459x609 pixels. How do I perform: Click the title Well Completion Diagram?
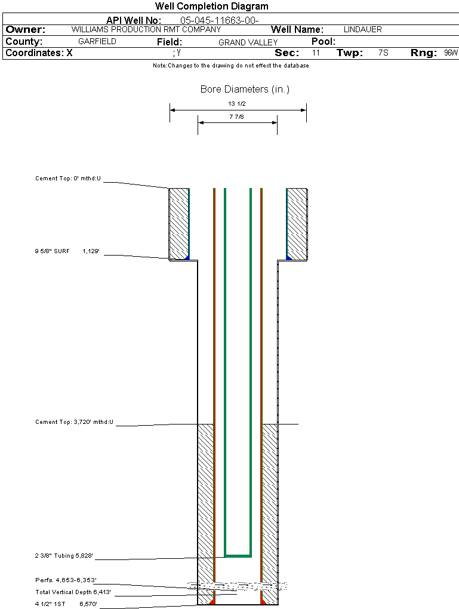(212, 7)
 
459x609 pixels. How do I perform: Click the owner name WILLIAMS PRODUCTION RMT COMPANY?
(146, 29)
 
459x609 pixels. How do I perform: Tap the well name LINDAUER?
(363, 29)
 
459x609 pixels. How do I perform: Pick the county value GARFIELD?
(97, 42)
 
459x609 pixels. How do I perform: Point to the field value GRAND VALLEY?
(248, 42)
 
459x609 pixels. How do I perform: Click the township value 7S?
(383, 53)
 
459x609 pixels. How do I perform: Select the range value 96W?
(451, 53)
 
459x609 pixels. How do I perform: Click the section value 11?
(316, 53)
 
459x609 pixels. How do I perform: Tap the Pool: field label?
(324, 42)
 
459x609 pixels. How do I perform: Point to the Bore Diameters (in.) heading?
(245, 90)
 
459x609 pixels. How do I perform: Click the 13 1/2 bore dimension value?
(237, 103)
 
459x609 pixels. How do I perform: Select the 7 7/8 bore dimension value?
(237, 117)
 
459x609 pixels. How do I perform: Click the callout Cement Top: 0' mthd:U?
(68, 178)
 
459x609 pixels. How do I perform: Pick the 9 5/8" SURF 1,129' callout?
(66, 252)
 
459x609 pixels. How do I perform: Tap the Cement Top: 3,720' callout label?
(74, 422)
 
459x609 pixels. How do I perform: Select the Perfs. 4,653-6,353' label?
(66, 580)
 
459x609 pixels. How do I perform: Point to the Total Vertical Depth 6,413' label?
(73, 592)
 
